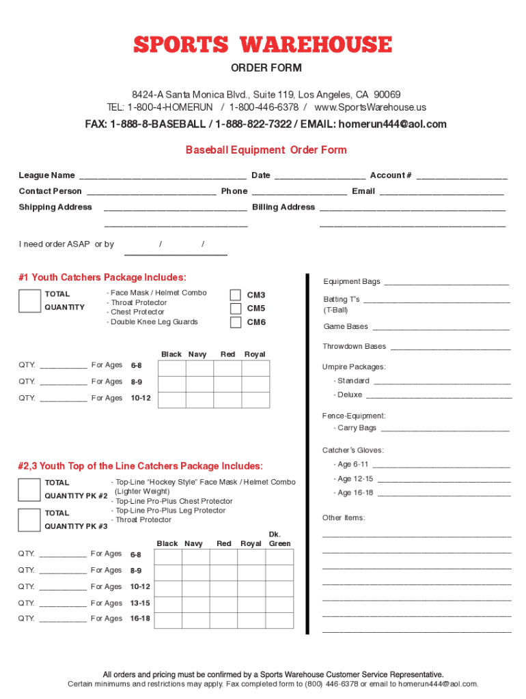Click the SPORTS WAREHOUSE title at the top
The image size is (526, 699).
262,45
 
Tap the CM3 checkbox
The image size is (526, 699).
236,295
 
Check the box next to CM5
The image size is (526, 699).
236,309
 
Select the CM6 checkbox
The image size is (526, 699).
236,322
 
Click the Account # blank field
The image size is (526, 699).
462,176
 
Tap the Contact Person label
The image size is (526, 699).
50,192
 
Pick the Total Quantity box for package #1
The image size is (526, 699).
29,301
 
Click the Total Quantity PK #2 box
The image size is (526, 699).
29,489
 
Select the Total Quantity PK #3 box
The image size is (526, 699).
29,520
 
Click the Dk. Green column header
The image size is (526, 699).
279,539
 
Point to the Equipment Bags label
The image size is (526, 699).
352,282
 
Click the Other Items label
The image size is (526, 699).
344,518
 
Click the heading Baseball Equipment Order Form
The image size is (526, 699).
266,150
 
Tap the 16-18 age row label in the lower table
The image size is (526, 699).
140,619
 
